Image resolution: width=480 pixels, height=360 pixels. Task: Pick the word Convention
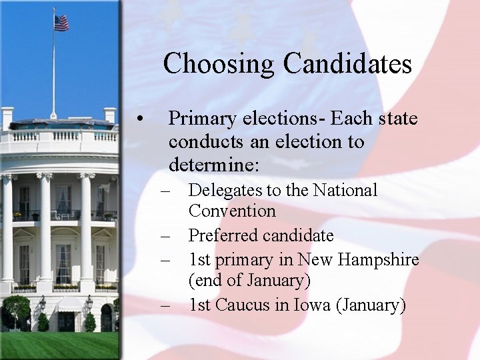click(231, 211)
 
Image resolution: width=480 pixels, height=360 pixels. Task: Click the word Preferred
click(224, 235)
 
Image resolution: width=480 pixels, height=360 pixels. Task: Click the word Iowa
click(309, 305)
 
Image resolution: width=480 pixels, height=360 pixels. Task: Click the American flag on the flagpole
click(61, 23)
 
